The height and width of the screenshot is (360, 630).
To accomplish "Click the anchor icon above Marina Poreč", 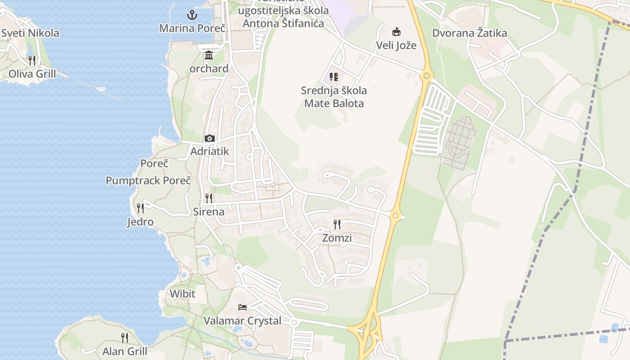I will (x=192, y=15).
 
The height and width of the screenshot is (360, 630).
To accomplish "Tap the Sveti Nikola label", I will (x=30, y=33).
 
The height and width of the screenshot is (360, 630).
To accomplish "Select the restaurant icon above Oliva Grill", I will (x=32, y=60).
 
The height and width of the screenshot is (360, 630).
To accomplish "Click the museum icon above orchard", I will (x=209, y=55).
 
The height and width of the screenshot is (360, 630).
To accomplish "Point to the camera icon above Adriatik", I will (x=209, y=138).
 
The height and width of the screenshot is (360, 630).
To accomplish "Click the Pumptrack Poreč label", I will (x=148, y=180).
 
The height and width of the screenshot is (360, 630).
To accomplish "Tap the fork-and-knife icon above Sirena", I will (x=209, y=198).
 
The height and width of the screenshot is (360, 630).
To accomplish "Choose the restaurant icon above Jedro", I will (x=140, y=208).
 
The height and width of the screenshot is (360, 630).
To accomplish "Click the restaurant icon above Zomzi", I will (x=337, y=224).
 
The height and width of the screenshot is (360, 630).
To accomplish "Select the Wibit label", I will (x=182, y=294).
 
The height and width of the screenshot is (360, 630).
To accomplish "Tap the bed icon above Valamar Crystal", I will (x=243, y=307).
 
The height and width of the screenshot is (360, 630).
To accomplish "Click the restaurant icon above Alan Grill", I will (x=125, y=337).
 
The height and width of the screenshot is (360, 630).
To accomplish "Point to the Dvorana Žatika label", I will (x=469, y=33).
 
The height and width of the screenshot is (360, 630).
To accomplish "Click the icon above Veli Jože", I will (x=396, y=32).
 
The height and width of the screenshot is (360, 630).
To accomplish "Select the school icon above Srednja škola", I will (x=333, y=77).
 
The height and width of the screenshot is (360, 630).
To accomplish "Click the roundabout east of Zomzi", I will (x=395, y=216).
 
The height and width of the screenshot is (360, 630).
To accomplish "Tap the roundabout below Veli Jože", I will (x=426, y=76).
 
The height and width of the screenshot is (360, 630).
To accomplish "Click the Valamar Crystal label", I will (x=243, y=321).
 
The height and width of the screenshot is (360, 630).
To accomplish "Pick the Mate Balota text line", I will (x=334, y=103).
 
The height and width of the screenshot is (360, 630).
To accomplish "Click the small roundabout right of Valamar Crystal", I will (x=294, y=323).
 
